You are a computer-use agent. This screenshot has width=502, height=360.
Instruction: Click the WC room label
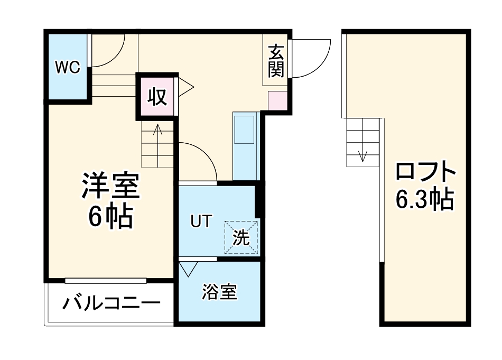coord(68,67)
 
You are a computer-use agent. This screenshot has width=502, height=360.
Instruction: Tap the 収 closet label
coord(157,97)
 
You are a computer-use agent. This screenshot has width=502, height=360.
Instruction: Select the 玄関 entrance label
coord(276,61)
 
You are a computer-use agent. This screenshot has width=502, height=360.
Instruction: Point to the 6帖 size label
coord(110,216)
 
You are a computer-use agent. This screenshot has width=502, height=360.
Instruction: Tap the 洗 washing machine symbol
coord(241,237)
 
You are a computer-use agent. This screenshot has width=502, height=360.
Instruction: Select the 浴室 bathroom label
coord(219,292)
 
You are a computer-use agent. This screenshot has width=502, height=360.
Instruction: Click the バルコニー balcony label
coord(111,304)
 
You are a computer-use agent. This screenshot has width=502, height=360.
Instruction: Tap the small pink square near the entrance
coord(276,100)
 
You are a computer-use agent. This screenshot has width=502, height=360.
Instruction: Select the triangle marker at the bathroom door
coord(188,269)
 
